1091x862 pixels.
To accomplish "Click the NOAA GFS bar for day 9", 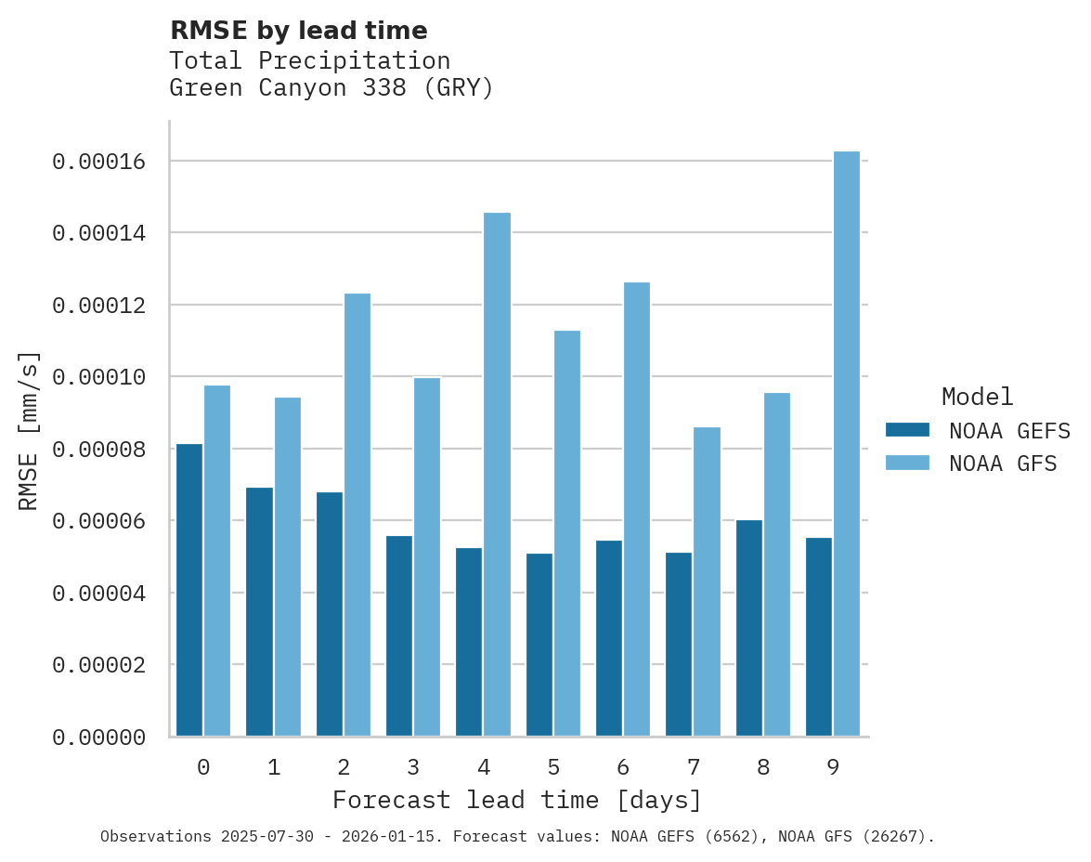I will [x=847, y=444].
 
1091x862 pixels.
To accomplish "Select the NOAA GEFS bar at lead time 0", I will [x=189, y=590].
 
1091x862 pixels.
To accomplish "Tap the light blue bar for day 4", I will [x=497, y=475].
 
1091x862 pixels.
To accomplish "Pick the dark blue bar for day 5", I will [x=539, y=645].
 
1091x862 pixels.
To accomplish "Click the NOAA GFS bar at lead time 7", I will [x=707, y=581].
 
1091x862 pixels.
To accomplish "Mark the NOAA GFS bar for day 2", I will [x=357, y=515].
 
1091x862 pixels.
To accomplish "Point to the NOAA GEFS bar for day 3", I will [x=399, y=636].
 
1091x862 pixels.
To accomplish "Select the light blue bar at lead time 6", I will [x=637, y=509].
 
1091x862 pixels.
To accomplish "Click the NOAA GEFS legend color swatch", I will [x=907, y=429].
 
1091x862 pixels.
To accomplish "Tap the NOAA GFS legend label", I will [x=1003, y=464].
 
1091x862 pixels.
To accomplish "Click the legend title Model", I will [x=977, y=397].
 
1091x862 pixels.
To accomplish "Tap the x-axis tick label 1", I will [x=274, y=767].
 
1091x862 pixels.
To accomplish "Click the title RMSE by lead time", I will [x=298, y=31].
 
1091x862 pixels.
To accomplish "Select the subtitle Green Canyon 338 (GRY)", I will [x=331, y=88].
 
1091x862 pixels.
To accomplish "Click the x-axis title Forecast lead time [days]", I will [x=517, y=800].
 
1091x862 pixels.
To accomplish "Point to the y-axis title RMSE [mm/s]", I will [x=29, y=430].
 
